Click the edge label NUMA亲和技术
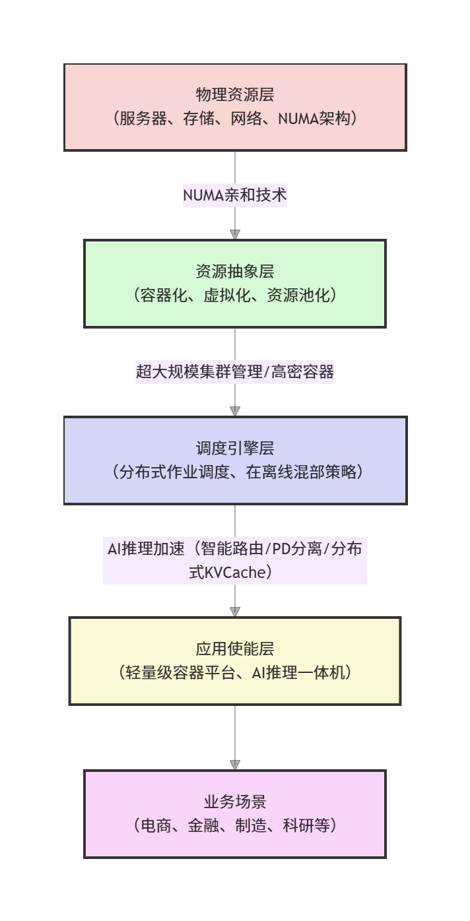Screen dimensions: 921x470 pos(235,195)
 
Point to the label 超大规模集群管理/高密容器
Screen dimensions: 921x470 pos(235,372)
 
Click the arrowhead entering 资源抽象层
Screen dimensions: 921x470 pos(235,234)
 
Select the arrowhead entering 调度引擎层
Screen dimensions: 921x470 pos(235,410)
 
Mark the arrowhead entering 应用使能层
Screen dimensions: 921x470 pos(235,611)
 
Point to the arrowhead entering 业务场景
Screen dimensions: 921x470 pos(235,764)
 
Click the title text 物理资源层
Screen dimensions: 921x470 pos(235,95)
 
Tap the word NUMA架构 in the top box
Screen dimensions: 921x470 pos(318,119)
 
